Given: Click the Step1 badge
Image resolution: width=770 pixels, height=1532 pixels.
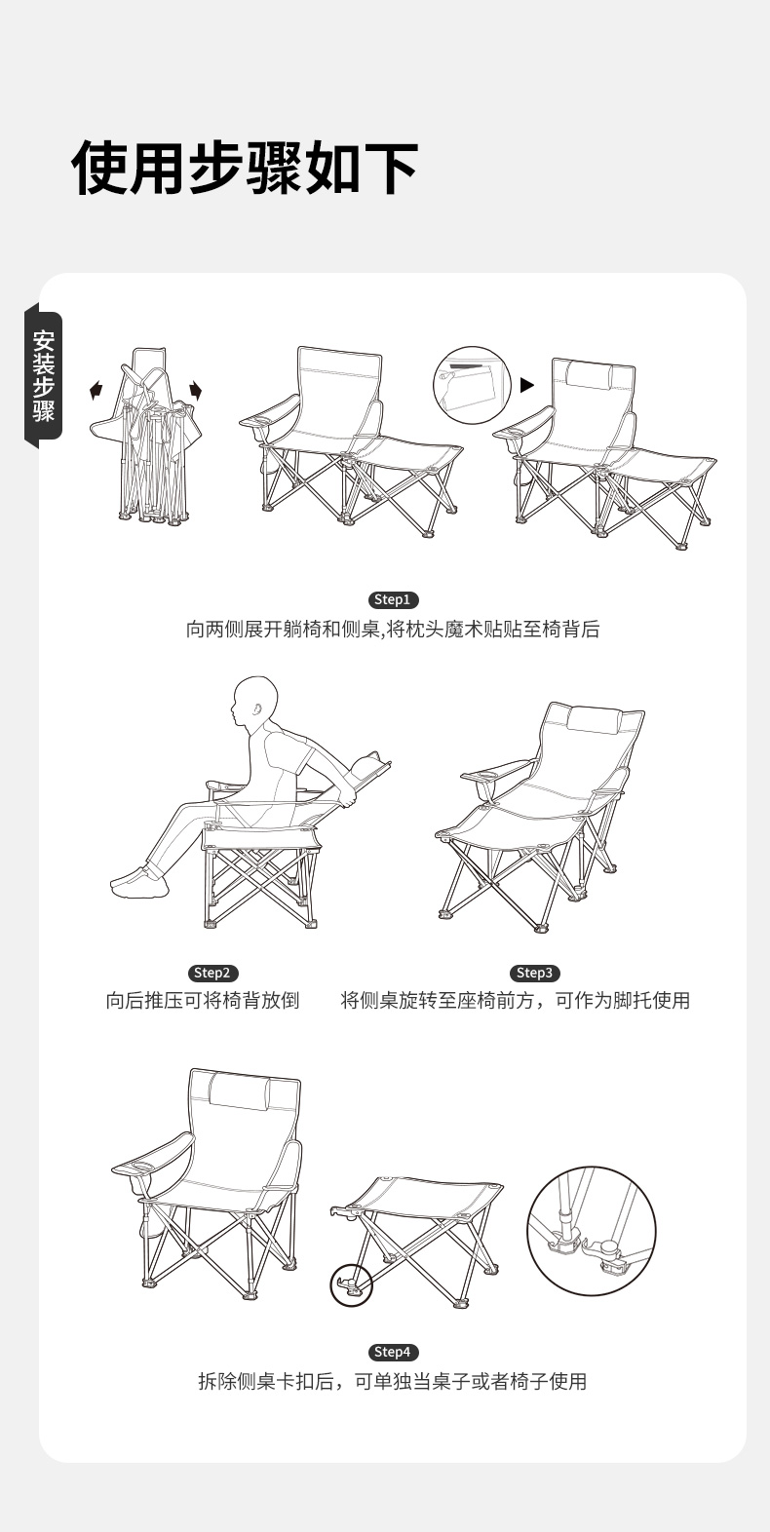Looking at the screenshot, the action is click(393, 599).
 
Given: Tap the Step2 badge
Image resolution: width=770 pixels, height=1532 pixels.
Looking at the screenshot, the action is click(212, 973).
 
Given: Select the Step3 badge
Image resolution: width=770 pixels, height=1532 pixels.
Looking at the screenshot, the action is click(534, 973).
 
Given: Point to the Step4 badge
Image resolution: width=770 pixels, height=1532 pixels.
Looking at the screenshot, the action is click(393, 1352).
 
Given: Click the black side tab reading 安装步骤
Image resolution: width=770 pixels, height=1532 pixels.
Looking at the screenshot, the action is click(43, 375).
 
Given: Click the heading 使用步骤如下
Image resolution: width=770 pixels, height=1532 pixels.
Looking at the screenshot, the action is click(245, 168).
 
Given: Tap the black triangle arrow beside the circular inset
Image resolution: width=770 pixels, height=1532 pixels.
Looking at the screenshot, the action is click(526, 385).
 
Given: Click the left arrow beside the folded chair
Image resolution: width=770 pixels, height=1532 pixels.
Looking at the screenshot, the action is click(96, 391).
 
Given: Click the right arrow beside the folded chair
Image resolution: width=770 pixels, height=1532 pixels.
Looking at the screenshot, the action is click(196, 391).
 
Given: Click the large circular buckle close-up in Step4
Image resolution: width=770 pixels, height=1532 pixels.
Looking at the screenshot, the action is click(592, 1231).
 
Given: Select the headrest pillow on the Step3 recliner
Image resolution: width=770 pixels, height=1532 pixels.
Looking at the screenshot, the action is click(595, 720).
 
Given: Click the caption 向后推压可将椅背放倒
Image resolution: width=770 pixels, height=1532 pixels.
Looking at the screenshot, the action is click(203, 1001).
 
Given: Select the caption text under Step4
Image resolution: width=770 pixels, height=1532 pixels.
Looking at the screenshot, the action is click(393, 1382).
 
